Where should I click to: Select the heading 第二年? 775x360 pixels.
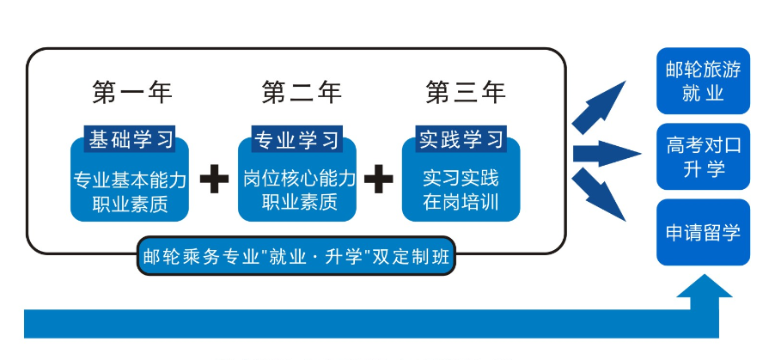[x=302, y=92]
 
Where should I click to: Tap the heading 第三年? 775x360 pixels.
[x=466, y=92]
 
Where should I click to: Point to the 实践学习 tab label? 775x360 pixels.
[x=461, y=138]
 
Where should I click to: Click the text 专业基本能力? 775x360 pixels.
[x=129, y=180]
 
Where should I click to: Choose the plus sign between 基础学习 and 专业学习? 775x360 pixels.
[x=214, y=180]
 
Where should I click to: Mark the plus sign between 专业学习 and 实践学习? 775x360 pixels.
[x=378, y=180]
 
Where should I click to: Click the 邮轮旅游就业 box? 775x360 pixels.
[x=703, y=81]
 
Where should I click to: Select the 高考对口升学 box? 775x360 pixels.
[x=703, y=156]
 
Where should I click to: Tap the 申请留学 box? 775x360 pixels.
[x=703, y=232]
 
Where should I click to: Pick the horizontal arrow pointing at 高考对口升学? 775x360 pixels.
[x=606, y=155]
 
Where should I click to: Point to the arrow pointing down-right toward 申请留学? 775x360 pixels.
[x=601, y=195]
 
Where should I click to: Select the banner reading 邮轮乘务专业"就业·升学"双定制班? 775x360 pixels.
[x=296, y=258]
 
